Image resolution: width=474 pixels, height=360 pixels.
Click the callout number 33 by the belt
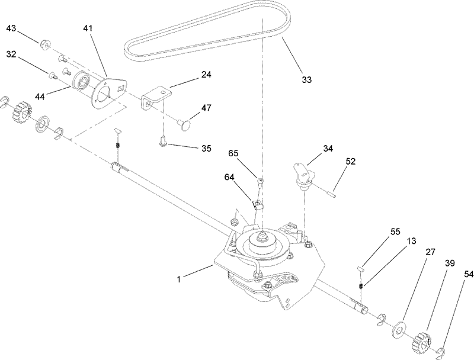pyautogui.click(x=306, y=79)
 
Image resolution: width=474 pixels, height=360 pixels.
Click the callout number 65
pyautogui.click(x=233, y=153)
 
